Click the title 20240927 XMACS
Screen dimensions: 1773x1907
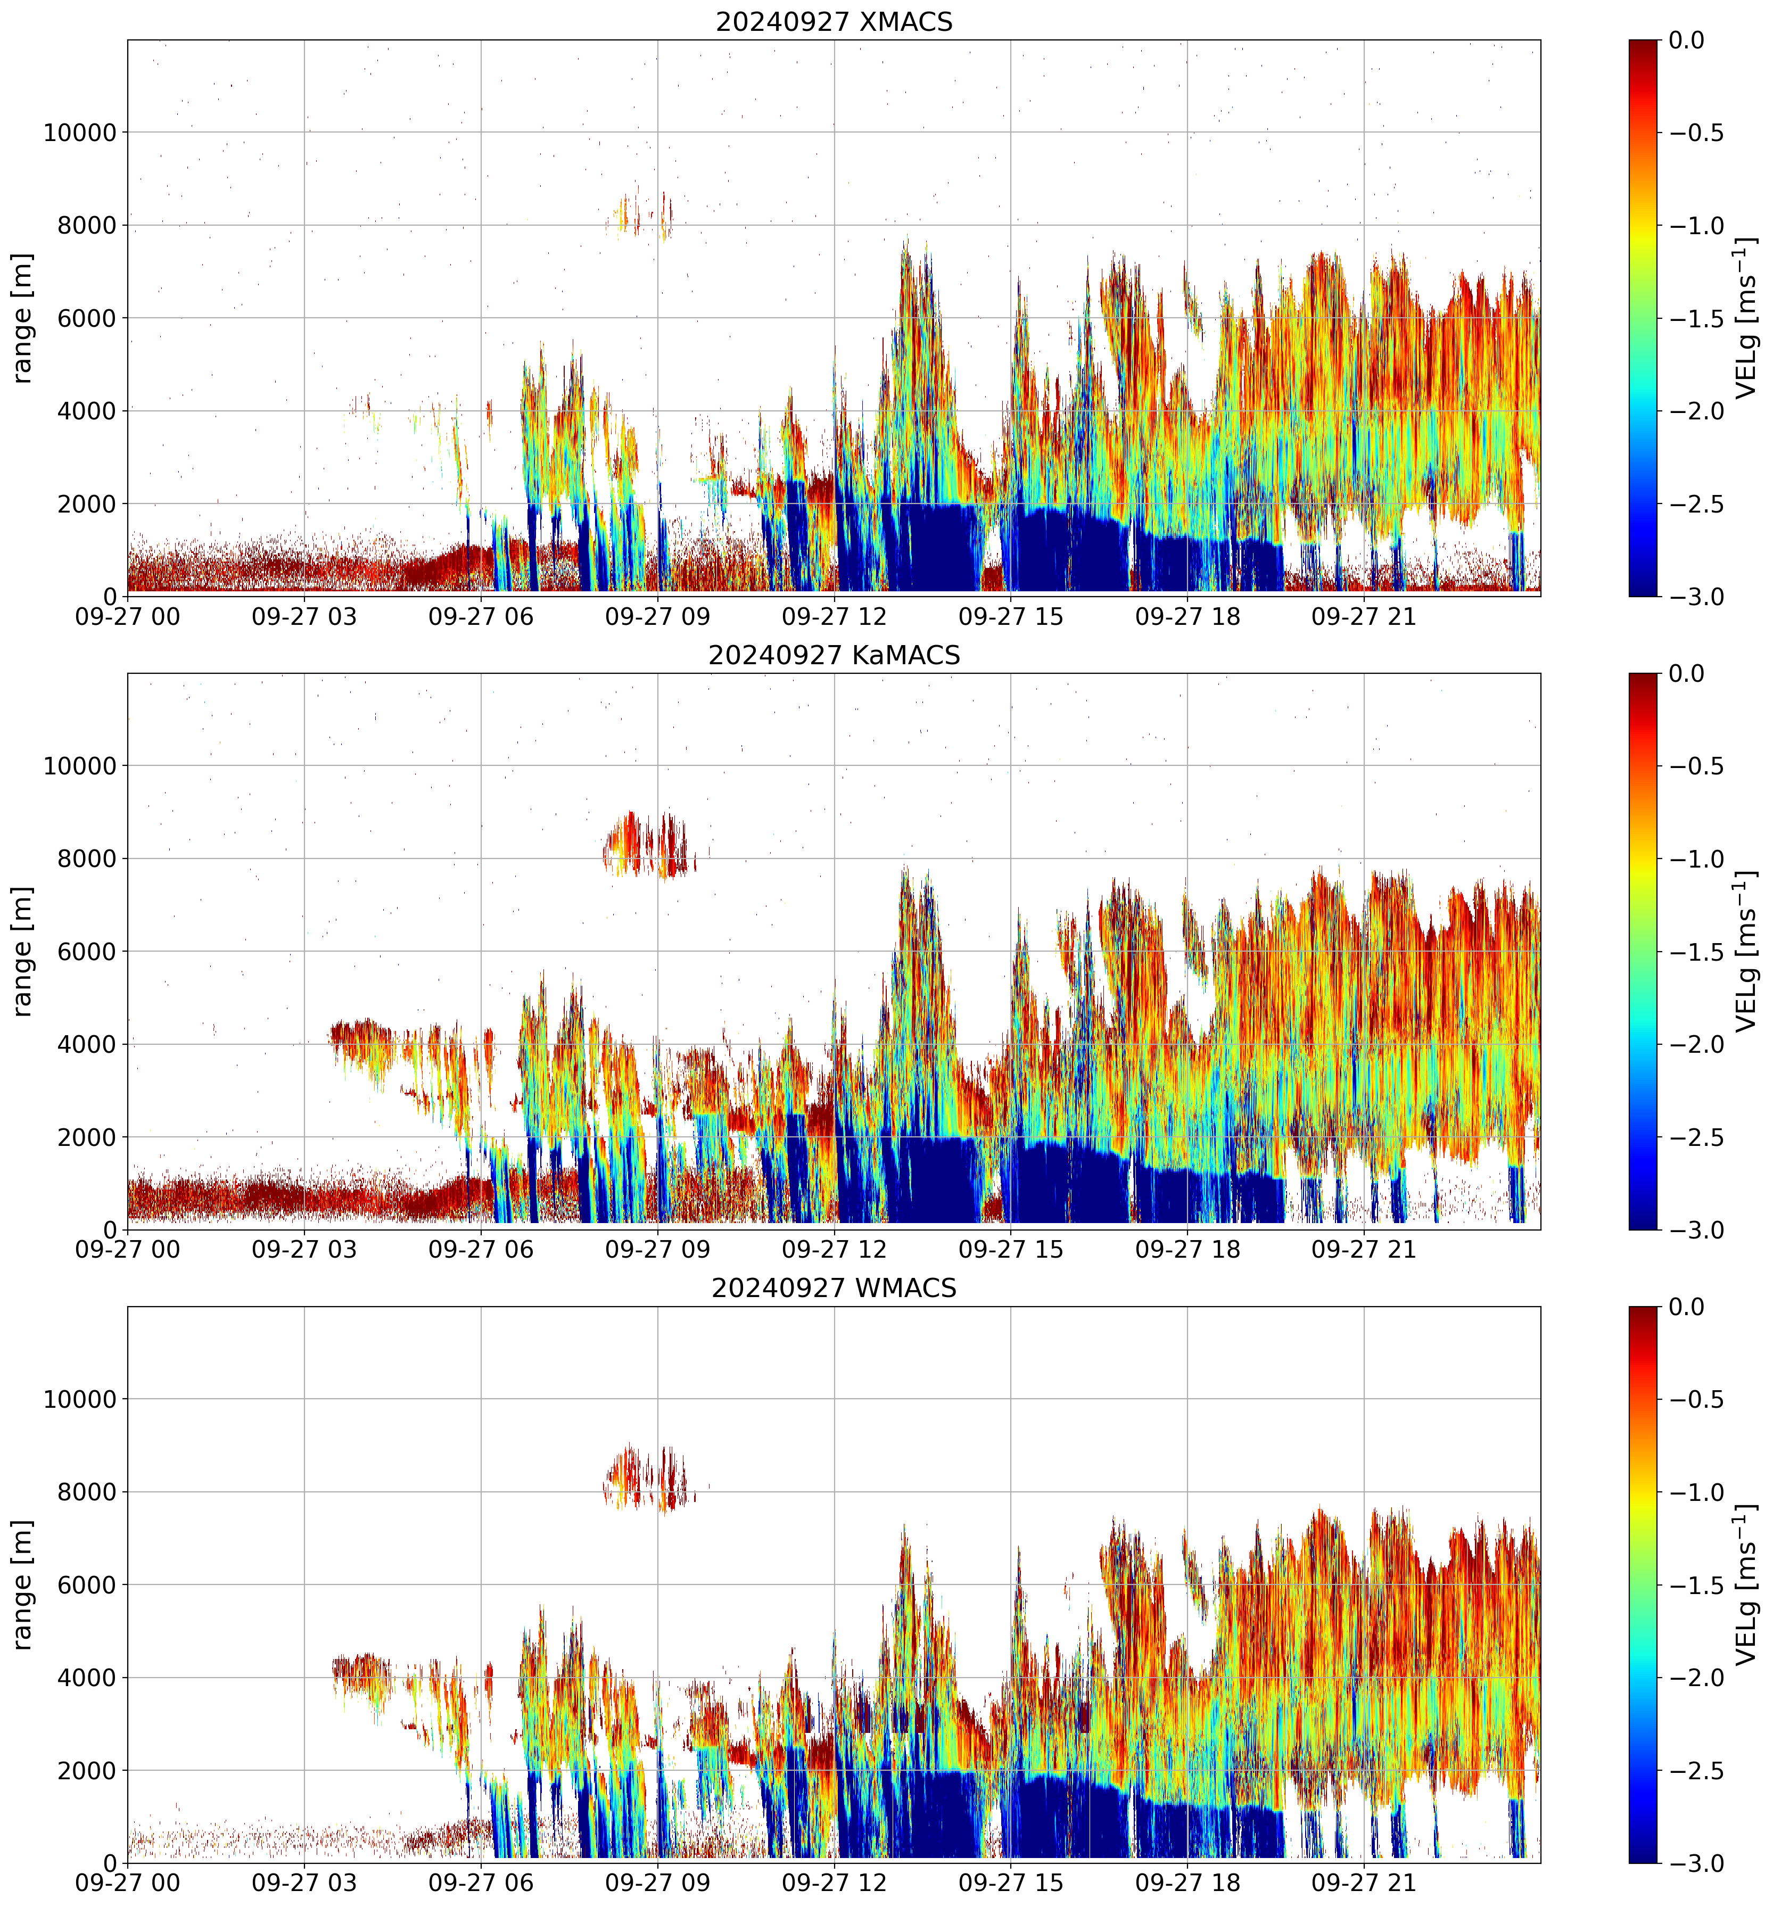tap(834, 21)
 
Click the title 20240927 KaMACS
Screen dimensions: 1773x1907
tap(834, 655)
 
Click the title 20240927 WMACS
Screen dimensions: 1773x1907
tap(834, 1289)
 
